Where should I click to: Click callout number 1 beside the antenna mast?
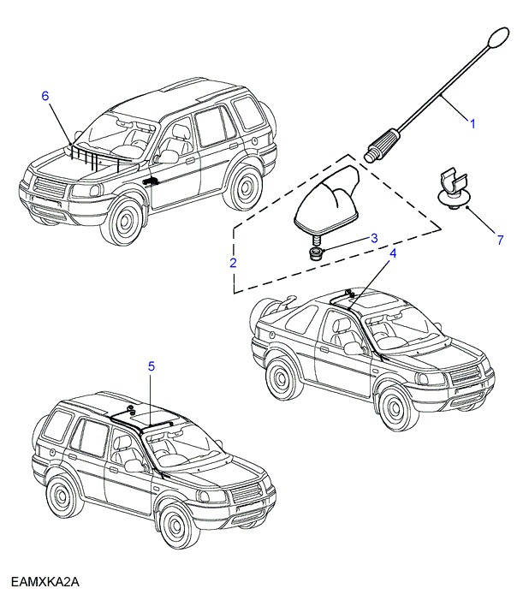[x=471, y=124]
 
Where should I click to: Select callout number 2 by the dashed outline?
[x=233, y=263]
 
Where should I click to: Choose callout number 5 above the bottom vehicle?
[x=152, y=366]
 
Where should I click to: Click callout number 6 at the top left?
[x=45, y=96]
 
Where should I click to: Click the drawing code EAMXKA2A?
[x=45, y=583]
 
